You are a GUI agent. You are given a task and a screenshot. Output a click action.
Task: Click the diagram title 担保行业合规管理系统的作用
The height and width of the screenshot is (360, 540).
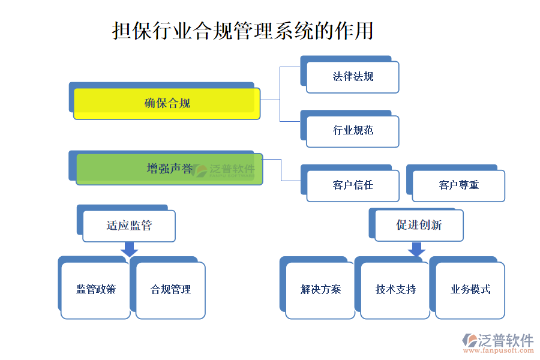(242, 31)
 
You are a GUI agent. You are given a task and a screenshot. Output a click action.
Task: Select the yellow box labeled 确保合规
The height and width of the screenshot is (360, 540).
(167, 103)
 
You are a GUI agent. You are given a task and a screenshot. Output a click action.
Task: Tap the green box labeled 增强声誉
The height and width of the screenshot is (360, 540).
(169, 169)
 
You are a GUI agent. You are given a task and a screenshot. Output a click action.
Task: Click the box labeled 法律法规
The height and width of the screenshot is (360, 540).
(353, 77)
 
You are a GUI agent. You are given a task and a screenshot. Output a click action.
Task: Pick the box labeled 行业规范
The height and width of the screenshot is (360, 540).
(353, 131)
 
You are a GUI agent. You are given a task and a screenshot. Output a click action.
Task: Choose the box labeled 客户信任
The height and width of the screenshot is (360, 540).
(353, 185)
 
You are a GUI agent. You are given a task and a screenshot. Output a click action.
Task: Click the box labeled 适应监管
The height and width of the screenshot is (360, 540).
(129, 226)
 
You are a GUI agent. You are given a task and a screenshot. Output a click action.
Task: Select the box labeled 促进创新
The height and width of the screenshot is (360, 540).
(419, 225)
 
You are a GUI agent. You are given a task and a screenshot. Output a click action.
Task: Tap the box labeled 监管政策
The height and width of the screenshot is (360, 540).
(95, 290)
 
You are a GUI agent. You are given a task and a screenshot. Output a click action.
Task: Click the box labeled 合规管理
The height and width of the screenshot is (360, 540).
(170, 290)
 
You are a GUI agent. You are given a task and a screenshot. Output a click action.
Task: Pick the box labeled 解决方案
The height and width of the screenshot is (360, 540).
(320, 290)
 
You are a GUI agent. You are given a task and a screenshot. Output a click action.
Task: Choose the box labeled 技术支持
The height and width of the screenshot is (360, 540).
(395, 290)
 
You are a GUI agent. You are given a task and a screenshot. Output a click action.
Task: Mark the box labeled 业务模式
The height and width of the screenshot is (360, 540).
(470, 290)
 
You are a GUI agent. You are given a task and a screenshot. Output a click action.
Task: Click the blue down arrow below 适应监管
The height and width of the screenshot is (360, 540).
(129, 249)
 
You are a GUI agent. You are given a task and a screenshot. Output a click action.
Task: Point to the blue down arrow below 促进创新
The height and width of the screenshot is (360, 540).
(416, 249)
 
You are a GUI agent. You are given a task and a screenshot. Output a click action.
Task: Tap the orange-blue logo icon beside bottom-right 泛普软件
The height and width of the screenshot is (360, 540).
(469, 340)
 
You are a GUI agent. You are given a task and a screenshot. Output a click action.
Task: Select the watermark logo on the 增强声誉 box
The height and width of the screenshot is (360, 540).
(200, 170)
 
